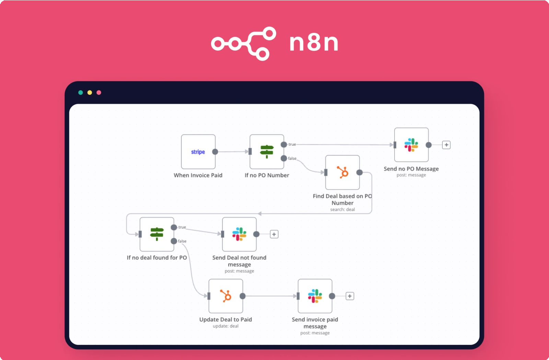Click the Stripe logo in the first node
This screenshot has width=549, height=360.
[x=198, y=152]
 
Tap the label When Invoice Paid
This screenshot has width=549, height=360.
[x=198, y=175]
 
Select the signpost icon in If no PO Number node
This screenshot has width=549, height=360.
[x=267, y=151]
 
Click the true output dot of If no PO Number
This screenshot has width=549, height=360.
[x=284, y=144]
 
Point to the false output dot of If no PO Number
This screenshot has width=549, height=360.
[x=284, y=158]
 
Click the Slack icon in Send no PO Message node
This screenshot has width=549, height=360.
[x=411, y=145]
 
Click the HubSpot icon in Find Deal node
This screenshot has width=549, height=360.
[x=342, y=172]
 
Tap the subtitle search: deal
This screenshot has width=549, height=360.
[x=342, y=209]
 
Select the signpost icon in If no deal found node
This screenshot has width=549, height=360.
[x=157, y=234]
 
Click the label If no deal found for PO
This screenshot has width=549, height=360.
[x=157, y=257]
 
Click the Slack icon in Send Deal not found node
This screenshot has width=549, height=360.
[x=239, y=234]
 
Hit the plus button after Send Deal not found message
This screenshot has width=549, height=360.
[x=274, y=234]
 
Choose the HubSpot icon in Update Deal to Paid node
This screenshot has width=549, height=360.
[x=226, y=296]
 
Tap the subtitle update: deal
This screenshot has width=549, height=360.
[x=225, y=326]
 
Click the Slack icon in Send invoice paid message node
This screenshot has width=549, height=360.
[x=315, y=296]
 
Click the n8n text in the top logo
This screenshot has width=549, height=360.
[x=314, y=43]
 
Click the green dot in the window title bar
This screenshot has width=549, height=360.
[x=81, y=93]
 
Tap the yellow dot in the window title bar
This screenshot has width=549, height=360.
[x=90, y=93]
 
